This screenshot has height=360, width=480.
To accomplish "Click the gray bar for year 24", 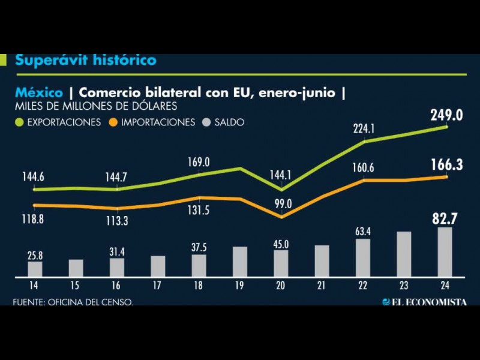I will tap(445, 252).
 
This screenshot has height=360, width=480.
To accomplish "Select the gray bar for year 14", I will tap(35, 269).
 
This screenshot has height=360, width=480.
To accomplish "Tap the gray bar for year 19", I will tap(240, 262).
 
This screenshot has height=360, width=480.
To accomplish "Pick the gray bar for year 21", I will tap(322, 260).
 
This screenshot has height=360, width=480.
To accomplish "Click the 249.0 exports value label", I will tap(446, 115).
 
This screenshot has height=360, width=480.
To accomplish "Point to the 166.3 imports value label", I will tap(446, 164).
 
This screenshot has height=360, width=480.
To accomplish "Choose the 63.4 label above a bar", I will tap(363, 231).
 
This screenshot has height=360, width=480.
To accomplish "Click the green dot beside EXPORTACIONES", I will tap(19, 122).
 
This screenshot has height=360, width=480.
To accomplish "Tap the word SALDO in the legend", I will tap(231, 122).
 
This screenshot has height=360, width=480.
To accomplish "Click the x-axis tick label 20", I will tap(281, 285).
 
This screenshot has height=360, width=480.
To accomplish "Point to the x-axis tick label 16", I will tap(117, 285).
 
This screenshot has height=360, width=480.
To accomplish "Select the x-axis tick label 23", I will tap(404, 285).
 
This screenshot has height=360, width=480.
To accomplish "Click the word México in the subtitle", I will tap(39, 93).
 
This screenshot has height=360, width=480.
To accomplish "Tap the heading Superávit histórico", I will tap(85, 60).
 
